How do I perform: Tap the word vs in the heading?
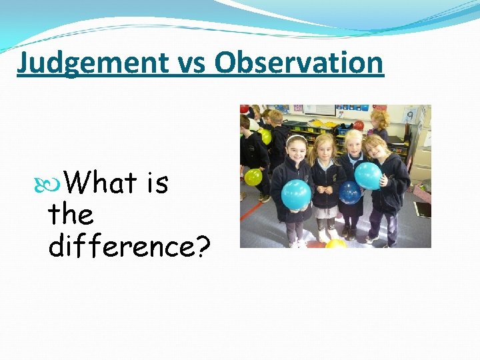pos(191,63)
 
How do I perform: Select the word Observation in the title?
pos(299,63)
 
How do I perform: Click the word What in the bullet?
pos(102,183)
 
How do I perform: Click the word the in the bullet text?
pos(71,215)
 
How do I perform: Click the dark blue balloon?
pos(349,192)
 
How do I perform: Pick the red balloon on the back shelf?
pos(359,125)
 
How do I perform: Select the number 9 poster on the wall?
pos(411,116)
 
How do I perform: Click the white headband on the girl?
pos(296,138)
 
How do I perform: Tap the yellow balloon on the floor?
pos(336,243)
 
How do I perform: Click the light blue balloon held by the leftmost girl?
pos(296,194)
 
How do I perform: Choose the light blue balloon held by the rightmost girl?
pos(368,175)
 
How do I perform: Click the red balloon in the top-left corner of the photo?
pos(244,109)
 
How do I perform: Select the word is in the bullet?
pos(157,183)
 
